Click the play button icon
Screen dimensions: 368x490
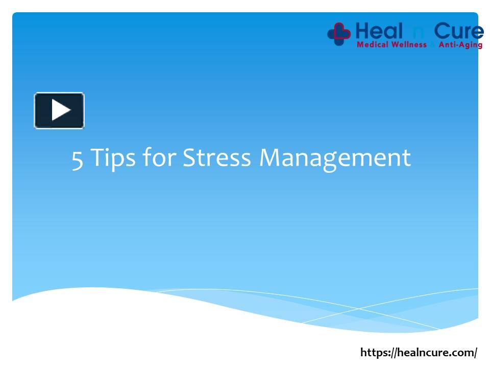(59, 110)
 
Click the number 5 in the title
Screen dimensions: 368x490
(77, 158)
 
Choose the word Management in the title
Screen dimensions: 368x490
(335, 158)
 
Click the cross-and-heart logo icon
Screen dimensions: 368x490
(339, 33)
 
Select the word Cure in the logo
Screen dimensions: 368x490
(459, 32)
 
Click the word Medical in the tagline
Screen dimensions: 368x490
(373, 45)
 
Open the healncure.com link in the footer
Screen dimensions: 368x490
(419, 353)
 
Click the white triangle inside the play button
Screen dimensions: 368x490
(61, 110)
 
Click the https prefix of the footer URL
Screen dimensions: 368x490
(375, 353)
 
